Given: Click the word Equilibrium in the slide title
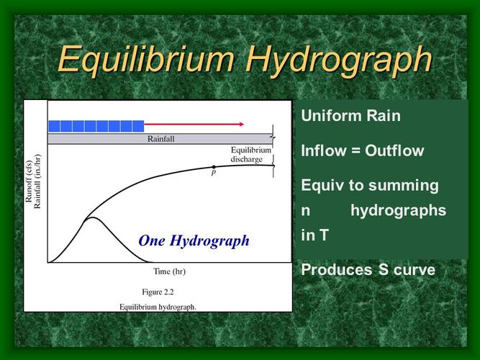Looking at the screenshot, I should [147, 58].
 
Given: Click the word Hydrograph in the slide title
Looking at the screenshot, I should [339, 58].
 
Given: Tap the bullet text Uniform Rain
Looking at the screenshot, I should [351, 115].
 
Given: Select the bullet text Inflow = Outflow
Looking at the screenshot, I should [363, 151].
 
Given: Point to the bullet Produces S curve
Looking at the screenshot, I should [368, 270].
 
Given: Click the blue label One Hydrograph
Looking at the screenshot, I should [194, 241].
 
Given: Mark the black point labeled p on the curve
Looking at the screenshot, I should [214, 167].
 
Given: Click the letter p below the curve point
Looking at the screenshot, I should [214, 174].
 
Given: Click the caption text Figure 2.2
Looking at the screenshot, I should [158, 292].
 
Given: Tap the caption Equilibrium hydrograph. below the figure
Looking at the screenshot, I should [158, 305].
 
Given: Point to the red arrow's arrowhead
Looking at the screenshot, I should [241, 125].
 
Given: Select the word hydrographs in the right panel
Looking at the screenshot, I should [399, 210].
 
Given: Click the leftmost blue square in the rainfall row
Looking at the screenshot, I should [54, 126].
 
